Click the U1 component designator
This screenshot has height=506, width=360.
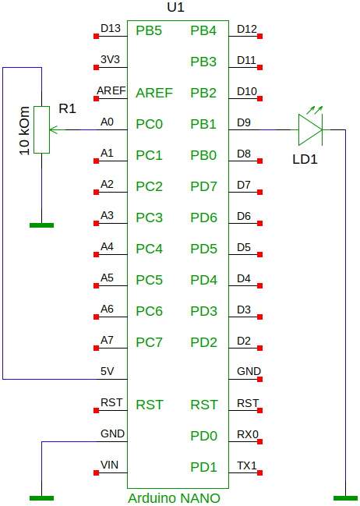click(x=175, y=7)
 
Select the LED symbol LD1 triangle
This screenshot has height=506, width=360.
click(x=310, y=129)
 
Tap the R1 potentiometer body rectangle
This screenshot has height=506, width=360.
click(x=41, y=129)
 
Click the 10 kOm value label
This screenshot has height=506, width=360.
click(x=24, y=130)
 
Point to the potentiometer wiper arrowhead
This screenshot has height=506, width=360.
click(x=53, y=129)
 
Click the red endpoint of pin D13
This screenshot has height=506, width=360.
click(x=96, y=36)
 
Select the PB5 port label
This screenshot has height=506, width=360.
click(x=149, y=30)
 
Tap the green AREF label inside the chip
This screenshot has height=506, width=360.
click(x=154, y=93)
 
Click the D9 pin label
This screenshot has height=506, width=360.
click(x=244, y=122)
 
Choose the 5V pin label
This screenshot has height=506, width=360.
click(x=107, y=371)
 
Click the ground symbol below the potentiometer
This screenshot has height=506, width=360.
click(x=41, y=225)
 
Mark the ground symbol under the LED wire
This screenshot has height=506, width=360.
click(x=345, y=498)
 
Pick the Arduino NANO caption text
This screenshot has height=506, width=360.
click(x=175, y=498)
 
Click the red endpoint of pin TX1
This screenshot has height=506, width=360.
click(x=259, y=472)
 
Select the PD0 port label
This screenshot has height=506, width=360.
click(x=203, y=436)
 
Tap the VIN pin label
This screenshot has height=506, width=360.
click(x=109, y=465)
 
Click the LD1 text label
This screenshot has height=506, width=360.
click(x=305, y=159)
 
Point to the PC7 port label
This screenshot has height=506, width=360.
click(x=149, y=342)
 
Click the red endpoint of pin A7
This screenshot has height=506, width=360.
click(x=96, y=348)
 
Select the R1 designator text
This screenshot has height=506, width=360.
click(x=68, y=108)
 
